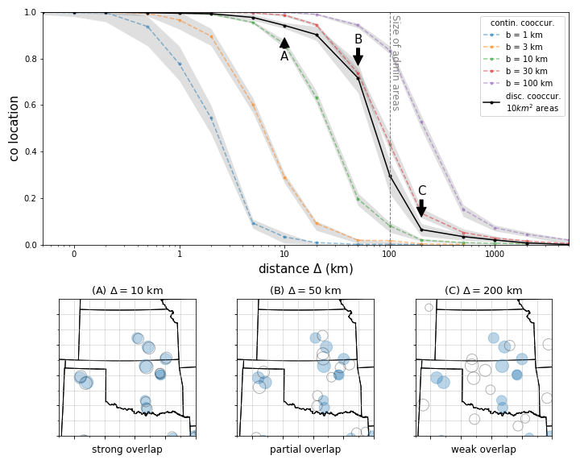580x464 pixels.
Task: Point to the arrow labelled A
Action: pos(284,43)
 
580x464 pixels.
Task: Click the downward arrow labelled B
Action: pos(358,56)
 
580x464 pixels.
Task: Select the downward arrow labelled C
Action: pos(421,208)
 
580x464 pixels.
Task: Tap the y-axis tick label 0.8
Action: pos(30,59)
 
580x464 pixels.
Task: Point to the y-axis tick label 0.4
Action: pos(30,152)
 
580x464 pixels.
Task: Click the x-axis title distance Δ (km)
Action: pos(305,269)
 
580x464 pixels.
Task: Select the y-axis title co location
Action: pos(14,128)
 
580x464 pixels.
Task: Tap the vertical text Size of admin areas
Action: pos(396,62)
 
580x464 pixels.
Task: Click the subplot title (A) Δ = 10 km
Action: pos(127,291)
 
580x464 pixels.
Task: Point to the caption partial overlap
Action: pos(305,449)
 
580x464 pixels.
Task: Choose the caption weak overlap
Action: pos(483,449)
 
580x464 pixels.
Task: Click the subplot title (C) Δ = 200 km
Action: pos(483,291)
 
